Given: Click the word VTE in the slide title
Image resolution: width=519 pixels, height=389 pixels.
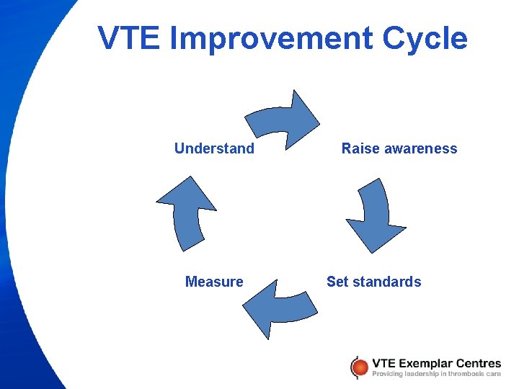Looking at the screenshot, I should tap(128, 39).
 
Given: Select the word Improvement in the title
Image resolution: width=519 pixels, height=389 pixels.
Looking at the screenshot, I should tap(271, 39).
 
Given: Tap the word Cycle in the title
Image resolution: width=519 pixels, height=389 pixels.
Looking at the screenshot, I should tap(425, 39).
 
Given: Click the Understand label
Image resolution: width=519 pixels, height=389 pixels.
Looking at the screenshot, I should tap(214, 149).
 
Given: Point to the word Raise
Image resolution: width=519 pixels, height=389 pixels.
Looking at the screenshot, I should tap(359, 149).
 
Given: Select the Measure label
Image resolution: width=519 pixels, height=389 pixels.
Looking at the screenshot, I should tap(214, 282).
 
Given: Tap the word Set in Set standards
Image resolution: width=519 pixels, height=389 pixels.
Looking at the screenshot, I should tap(337, 282).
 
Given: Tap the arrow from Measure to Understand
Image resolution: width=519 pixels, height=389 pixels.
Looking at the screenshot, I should tap(187, 213).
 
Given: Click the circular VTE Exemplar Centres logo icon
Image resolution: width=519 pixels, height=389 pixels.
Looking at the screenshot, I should tap(358, 367).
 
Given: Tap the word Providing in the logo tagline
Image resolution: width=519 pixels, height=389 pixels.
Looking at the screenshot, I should tap(389, 374).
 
